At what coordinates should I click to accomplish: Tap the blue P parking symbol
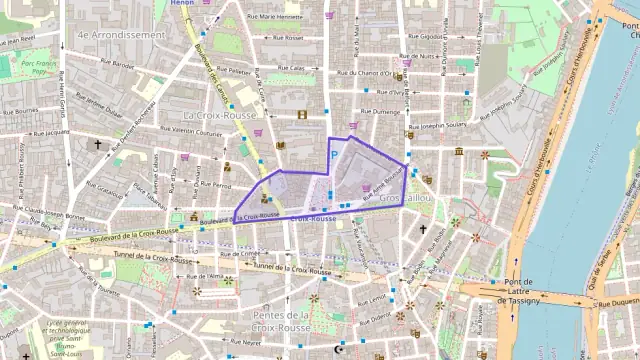(x=334, y=154)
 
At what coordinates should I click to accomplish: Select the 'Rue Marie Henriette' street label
(x=273, y=17)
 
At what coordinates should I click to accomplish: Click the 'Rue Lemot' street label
(x=370, y=297)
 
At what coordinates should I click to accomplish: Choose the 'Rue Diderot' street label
(x=381, y=318)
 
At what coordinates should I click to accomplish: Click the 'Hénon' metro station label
(x=181, y=4)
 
